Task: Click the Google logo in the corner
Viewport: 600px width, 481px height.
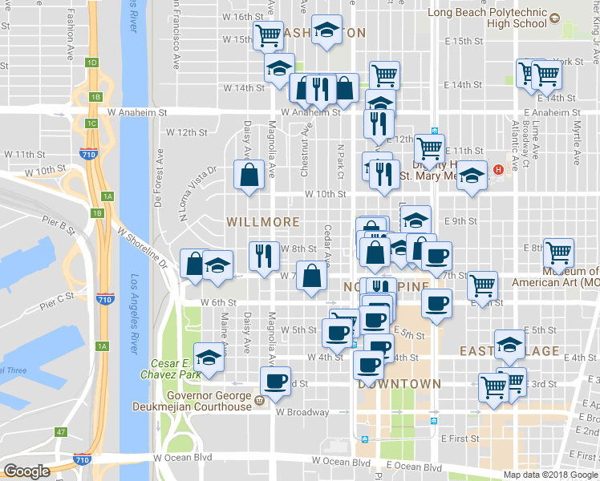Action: point(26,471)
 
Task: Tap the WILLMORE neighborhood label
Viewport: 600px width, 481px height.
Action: point(263,221)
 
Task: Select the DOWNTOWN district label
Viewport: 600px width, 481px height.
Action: point(400,384)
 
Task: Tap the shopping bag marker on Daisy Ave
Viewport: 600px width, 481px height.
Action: point(249,176)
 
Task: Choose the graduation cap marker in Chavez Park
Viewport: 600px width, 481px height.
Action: point(209,357)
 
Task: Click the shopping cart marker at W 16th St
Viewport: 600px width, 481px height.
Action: point(267,35)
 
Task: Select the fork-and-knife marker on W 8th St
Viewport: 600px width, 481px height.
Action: point(263,257)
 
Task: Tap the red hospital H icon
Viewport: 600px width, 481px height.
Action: point(499,169)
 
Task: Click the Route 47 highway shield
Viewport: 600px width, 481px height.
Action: point(61,432)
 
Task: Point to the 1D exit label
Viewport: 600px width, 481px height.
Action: point(93,63)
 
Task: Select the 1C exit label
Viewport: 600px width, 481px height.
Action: point(91,123)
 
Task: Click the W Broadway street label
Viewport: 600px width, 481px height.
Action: point(302,413)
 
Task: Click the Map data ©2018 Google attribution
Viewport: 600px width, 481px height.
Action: point(550,475)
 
